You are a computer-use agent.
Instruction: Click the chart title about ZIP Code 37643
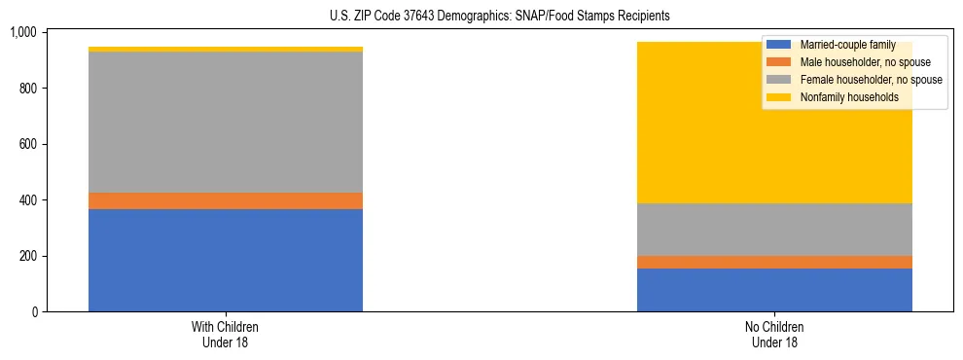[481, 17]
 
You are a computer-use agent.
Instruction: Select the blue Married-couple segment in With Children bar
[226, 260]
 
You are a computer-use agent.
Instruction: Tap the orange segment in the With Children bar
[226, 200]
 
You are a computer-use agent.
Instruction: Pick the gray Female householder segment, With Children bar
[226, 122]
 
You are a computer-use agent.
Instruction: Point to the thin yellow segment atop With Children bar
[226, 49]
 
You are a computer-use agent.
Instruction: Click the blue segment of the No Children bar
[774, 290]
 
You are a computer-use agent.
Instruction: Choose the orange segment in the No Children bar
[774, 262]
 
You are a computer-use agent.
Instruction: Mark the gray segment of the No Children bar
[774, 230]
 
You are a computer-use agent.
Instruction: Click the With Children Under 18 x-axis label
[226, 334]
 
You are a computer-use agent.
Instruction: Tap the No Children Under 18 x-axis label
[774, 334]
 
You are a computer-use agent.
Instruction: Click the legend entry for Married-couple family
[845, 45]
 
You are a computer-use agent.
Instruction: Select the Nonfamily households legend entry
[847, 97]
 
